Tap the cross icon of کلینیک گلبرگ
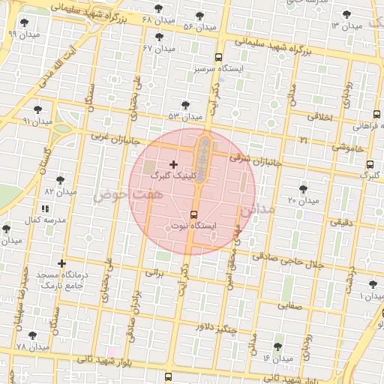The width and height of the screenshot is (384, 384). tap(174, 163)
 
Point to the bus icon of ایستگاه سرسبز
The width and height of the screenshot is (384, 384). tap(219, 57)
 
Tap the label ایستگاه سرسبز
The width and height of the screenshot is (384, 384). tap(219, 69)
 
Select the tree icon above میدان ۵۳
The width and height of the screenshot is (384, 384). tap(185, 105)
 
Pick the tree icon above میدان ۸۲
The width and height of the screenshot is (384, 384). tap(61, 180)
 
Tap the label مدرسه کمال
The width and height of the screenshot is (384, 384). tap(47, 220)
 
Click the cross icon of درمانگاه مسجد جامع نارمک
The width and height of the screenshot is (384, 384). tap(61, 263)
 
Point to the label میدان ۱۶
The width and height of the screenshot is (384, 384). tap(277, 358)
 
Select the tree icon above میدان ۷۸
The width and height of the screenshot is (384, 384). tap(31, 335)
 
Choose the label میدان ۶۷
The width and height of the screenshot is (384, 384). tap(158, 48)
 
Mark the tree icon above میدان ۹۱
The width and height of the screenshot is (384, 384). tap(37, 109)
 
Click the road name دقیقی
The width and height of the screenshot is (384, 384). tap(341, 222)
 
